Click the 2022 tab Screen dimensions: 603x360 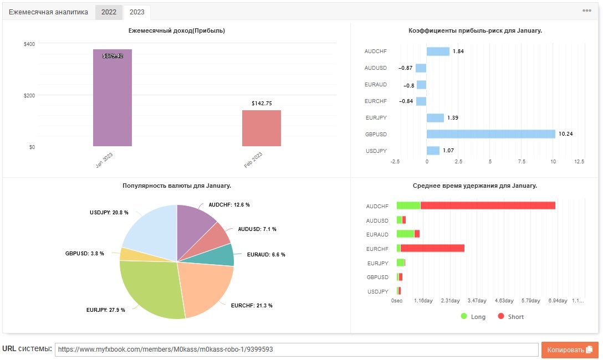tap(109, 12)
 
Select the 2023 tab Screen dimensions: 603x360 tap(137, 12)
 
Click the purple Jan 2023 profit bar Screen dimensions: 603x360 tap(113, 97)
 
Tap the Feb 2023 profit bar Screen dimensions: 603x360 tap(262, 128)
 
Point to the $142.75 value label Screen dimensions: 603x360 tap(262, 104)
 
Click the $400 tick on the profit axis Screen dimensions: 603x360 tap(29, 44)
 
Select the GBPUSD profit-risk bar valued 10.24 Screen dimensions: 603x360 tap(490, 134)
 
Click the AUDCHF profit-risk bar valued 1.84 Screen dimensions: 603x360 tap(438, 52)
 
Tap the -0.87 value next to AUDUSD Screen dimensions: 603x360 tap(406, 68)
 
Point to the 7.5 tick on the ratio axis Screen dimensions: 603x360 tap(522, 162)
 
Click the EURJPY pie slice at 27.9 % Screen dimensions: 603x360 tap(150, 288)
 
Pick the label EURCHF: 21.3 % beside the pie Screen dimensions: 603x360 tap(252, 306)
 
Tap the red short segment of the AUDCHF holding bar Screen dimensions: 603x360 tap(488, 205)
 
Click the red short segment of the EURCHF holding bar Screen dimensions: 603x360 tap(432, 248)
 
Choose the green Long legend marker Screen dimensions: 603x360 tap(464, 316)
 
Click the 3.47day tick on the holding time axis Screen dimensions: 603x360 tap(477, 301)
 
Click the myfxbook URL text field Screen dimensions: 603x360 tap(297, 349)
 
